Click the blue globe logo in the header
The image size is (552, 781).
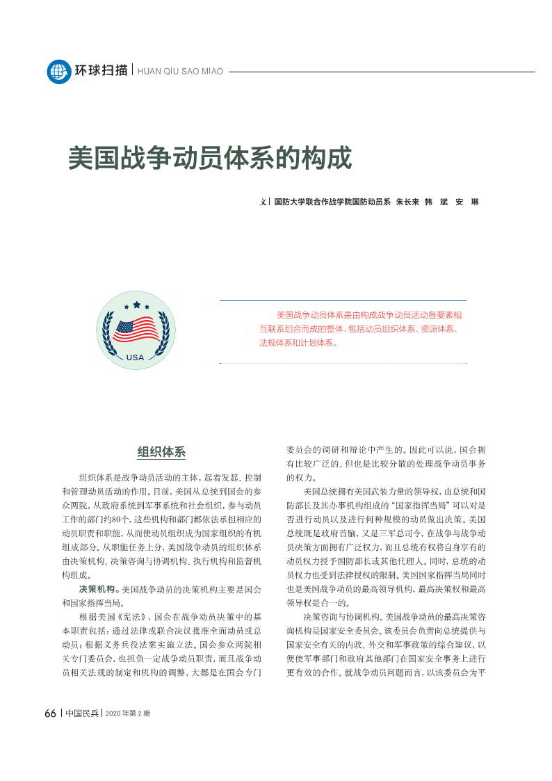coord(59,71)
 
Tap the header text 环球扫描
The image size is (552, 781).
coord(101,70)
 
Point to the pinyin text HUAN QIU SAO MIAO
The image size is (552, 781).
coord(181,72)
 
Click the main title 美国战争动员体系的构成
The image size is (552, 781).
coord(210,158)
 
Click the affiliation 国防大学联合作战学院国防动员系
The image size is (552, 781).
coord(332,202)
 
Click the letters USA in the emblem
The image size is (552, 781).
coord(136,357)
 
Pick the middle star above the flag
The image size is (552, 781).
coord(136,304)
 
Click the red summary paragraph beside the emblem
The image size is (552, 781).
coord(358,328)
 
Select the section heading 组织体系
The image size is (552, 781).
coord(161,451)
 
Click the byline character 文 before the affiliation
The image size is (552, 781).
coord(263,202)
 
